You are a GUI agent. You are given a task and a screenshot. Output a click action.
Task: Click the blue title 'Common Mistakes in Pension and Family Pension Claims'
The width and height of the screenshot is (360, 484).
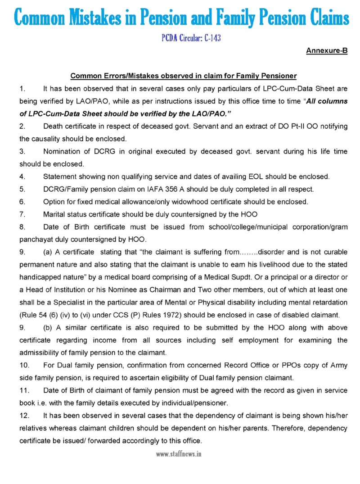click(x=181, y=18)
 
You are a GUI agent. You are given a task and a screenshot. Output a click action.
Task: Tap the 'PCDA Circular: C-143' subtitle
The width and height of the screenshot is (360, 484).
click(x=191, y=38)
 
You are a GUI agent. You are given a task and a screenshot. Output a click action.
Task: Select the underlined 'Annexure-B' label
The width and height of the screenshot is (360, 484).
click(x=327, y=51)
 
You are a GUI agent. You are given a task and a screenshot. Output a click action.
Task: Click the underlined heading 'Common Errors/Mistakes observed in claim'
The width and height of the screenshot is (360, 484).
click(x=183, y=76)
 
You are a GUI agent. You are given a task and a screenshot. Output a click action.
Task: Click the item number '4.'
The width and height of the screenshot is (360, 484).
click(x=22, y=176)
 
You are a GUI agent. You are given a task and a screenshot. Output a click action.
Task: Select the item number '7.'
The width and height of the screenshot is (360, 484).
click(x=22, y=214)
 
